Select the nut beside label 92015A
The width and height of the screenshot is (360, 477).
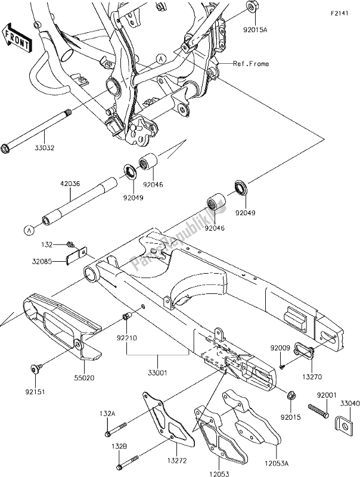pos(252,8)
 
